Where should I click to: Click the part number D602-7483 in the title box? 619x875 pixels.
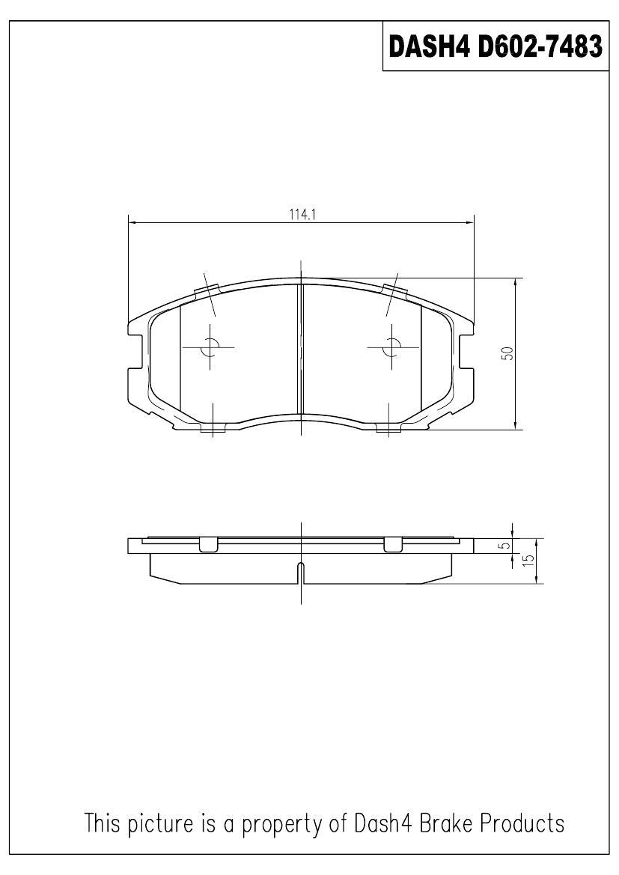540,46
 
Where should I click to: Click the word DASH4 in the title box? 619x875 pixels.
429,46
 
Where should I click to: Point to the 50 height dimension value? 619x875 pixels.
507,353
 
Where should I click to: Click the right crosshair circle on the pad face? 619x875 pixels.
390,347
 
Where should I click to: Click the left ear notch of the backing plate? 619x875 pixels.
136,352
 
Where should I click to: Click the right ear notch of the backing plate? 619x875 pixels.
465,352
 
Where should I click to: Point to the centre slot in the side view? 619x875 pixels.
300,572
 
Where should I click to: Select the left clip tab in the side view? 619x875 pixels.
209,545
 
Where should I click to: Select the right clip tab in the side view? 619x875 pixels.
392,545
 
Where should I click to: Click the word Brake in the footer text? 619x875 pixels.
438,823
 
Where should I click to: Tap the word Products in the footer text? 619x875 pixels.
522,823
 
